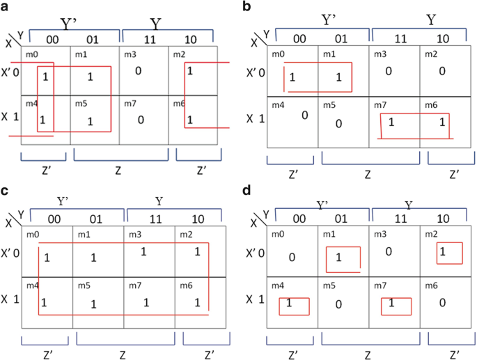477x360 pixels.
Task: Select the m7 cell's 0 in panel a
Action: pos(141,120)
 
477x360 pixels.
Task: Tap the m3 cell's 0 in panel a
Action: pos(139,70)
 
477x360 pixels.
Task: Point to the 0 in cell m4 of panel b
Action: pos(304,115)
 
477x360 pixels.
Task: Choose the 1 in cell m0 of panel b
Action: pos(292,77)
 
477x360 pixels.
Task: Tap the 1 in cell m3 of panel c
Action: pos(143,251)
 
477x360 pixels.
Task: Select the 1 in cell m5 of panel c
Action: pos(95,304)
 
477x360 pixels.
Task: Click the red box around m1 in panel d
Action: pos(343,258)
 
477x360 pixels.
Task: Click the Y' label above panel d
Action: pos(321,206)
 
